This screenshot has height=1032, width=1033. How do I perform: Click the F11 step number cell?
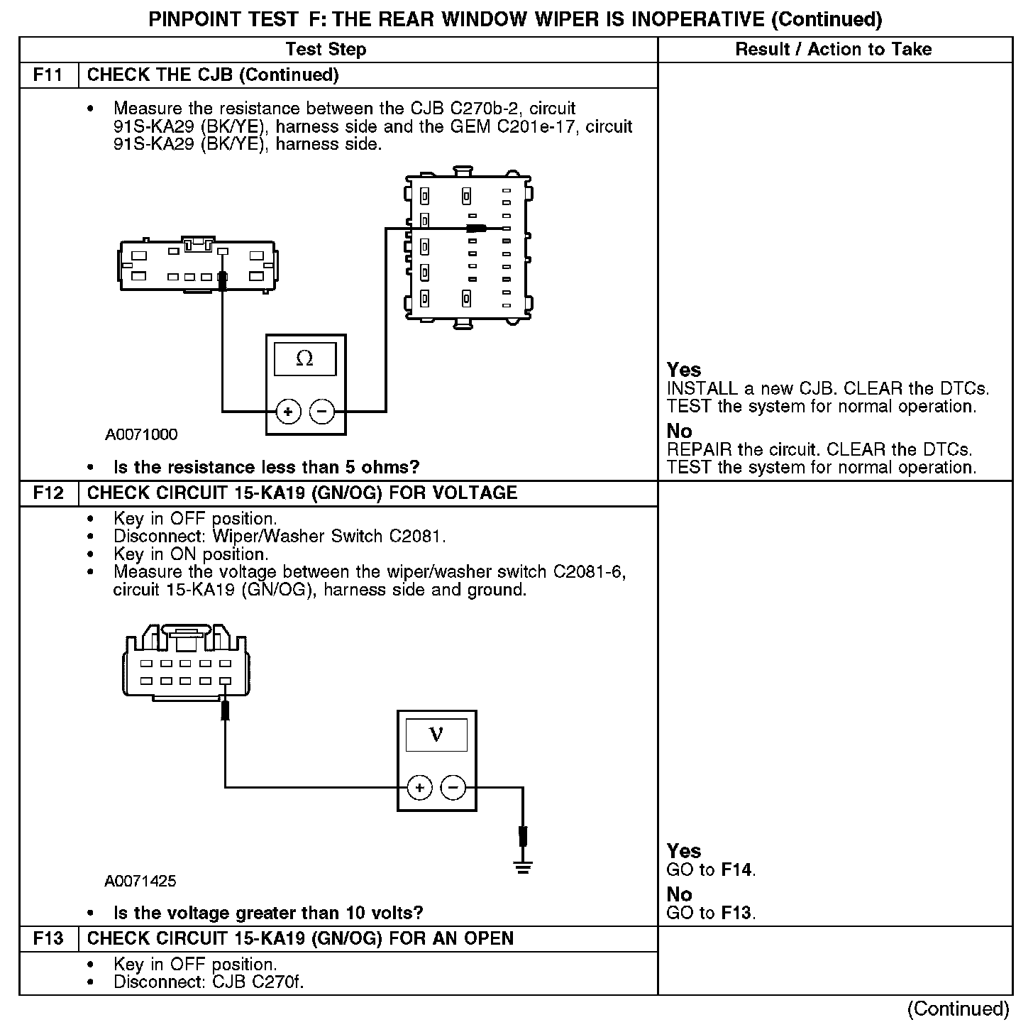[48, 75]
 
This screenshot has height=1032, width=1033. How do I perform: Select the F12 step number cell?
[48, 493]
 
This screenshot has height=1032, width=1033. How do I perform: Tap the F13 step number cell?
[48, 939]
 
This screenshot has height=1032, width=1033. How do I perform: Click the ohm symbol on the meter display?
[304, 359]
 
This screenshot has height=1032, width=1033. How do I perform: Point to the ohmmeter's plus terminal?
[288, 412]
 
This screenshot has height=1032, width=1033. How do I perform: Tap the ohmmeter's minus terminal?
[322, 412]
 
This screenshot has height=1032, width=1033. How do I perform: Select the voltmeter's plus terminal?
[420, 788]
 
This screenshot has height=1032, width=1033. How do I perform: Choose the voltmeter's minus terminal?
[453, 788]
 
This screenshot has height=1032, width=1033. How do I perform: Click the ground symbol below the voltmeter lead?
[524, 867]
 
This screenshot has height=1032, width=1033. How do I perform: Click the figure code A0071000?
[141, 434]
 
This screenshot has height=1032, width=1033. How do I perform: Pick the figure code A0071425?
[140, 882]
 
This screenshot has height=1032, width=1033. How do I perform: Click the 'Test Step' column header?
[326, 50]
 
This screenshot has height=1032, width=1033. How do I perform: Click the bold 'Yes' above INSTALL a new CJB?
[684, 370]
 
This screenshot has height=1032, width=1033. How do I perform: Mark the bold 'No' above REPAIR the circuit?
[679, 432]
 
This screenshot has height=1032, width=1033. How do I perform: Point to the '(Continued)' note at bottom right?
[958, 1009]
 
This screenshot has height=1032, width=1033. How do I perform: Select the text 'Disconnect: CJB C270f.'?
[209, 983]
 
